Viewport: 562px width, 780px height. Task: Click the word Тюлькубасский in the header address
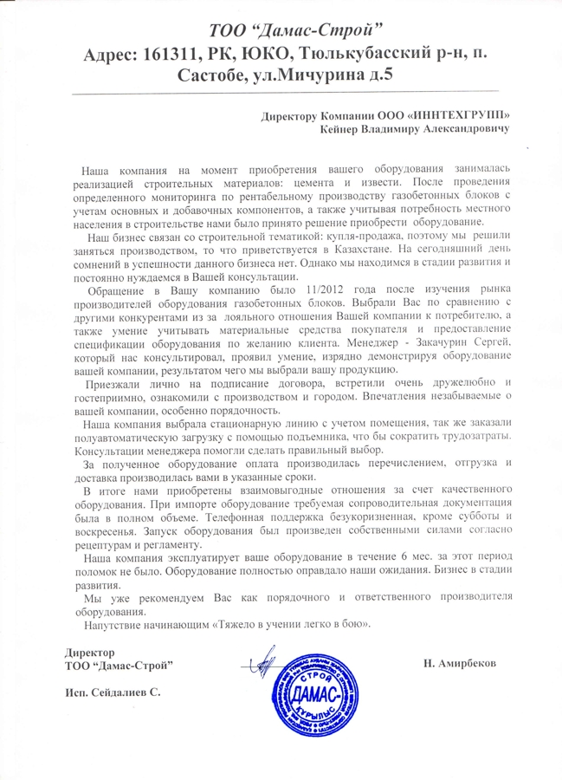click(358, 53)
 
